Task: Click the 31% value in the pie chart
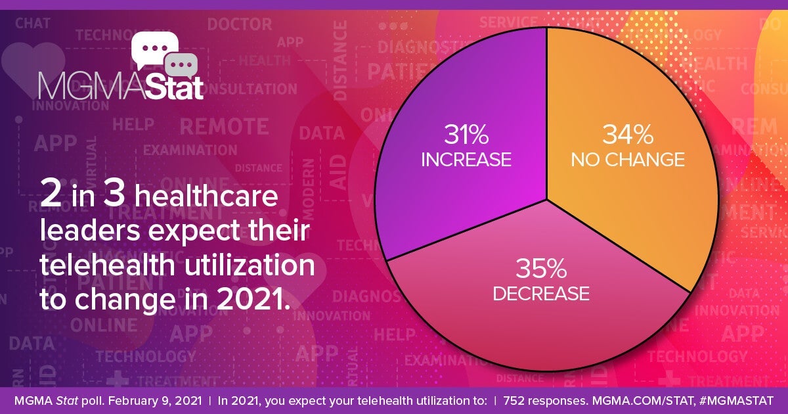466,135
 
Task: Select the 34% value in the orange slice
628,135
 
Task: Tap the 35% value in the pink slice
540,269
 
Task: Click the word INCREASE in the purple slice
466,160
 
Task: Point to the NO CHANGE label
628,160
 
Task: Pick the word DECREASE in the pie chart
540,293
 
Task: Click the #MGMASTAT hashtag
738,400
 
